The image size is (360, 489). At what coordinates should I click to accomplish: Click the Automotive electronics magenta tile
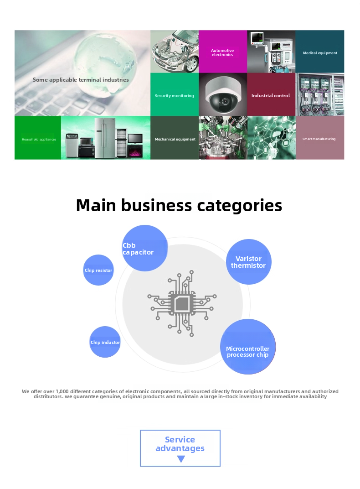pyautogui.click(x=222, y=52)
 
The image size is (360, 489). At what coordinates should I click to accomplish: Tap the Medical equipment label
pyautogui.click(x=320, y=53)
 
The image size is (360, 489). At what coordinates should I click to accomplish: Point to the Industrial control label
pyautogui.click(x=271, y=95)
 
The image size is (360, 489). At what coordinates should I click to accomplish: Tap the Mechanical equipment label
pyautogui.click(x=175, y=139)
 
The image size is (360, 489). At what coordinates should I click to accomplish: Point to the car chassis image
pyautogui.click(x=174, y=52)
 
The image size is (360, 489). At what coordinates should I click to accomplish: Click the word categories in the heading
pyautogui.click(x=239, y=206)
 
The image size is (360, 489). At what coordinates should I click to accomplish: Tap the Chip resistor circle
pyautogui.click(x=98, y=270)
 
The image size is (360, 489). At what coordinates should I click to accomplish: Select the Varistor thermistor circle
pyautogui.click(x=248, y=262)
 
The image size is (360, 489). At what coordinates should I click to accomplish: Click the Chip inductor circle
pyautogui.click(x=105, y=342)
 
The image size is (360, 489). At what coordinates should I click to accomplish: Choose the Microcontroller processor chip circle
pyautogui.click(x=248, y=347)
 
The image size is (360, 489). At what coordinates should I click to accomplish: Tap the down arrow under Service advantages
pyautogui.click(x=181, y=459)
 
